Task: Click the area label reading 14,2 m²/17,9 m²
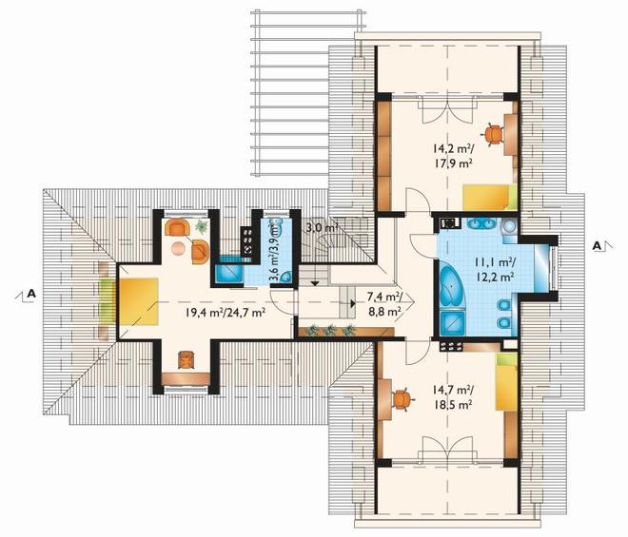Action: (x=453, y=156)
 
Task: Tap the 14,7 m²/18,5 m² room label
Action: (x=453, y=396)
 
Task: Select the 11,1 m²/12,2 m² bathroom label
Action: (x=495, y=269)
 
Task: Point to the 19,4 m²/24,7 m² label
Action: (x=226, y=312)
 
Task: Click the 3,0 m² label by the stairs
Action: (x=322, y=228)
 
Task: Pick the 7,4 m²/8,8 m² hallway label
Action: (x=385, y=303)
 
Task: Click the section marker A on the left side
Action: (x=31, y=294)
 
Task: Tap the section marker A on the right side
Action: (x=598, y=246)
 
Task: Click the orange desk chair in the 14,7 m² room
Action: (x=402, y=399)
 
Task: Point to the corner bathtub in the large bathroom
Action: (x=452, y=287)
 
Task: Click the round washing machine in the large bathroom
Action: (x=509, y=227)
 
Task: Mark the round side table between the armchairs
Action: (x=178, y=248)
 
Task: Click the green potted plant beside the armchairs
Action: (x=200, y=226)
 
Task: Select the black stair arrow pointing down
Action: (x=315, y=283)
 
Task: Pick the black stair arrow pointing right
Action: (x=352, y=303)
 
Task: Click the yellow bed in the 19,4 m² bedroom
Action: (x=138, y=301)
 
